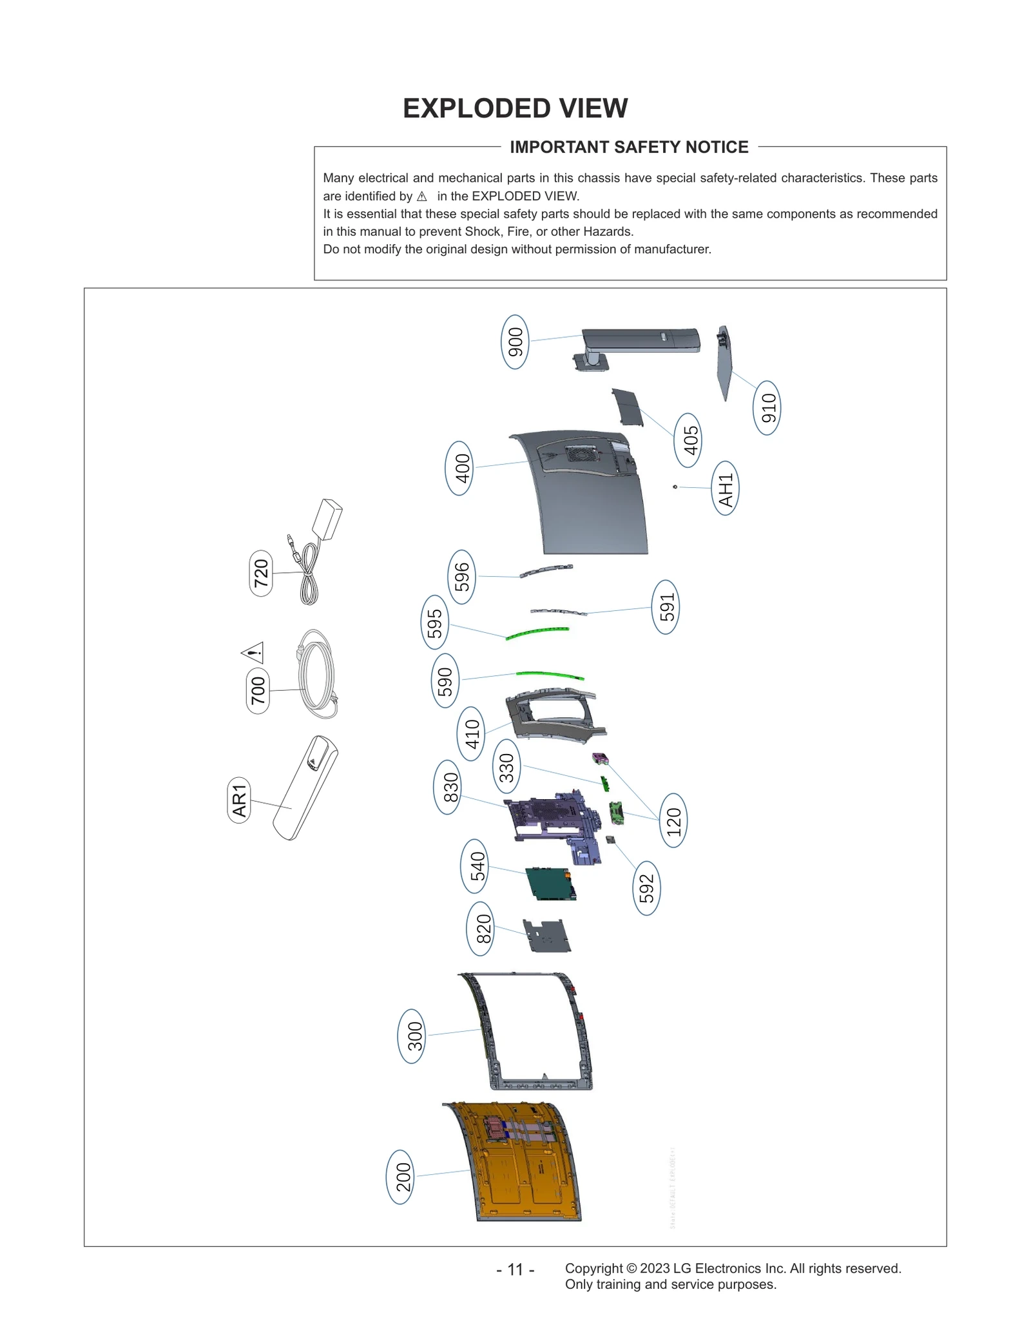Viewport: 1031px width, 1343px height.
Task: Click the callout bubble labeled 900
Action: pyautogui.click(x=515, y=342)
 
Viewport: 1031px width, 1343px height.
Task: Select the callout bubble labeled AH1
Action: pyautogui.click(x=725, y=488)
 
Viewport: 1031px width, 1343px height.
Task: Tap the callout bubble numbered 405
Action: pyautogui.click(x=689, y=440)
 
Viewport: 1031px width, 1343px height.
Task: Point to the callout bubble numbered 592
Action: pyautogui.click(x=646, y=888)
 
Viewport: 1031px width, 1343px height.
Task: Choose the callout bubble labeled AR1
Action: pyautogui.click(x=239, y=800)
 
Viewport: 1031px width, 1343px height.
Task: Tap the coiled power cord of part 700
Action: pyautogui.click(x=317, y=675)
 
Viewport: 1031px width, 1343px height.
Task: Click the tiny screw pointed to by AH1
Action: pyautogui.click(x=675, y=487)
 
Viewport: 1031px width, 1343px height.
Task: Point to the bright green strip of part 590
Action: pyautogui.click(x=549, y=675)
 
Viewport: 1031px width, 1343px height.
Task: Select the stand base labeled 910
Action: pyautogui.click(x=724, y=362)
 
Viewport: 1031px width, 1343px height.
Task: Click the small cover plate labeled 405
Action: pyautogui.click(x=628, y=407)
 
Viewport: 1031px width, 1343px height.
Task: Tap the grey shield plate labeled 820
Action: pyautogui.click(x=546, y=936)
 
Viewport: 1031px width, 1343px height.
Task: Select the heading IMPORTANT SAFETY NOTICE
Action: pyautogui.click(x=628, y=147)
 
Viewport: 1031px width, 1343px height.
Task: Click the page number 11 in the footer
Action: pyautogui.click(x=515, y=1270)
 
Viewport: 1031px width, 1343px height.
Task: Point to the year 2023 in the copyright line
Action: pyautogui.click(x=655, y=1268)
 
